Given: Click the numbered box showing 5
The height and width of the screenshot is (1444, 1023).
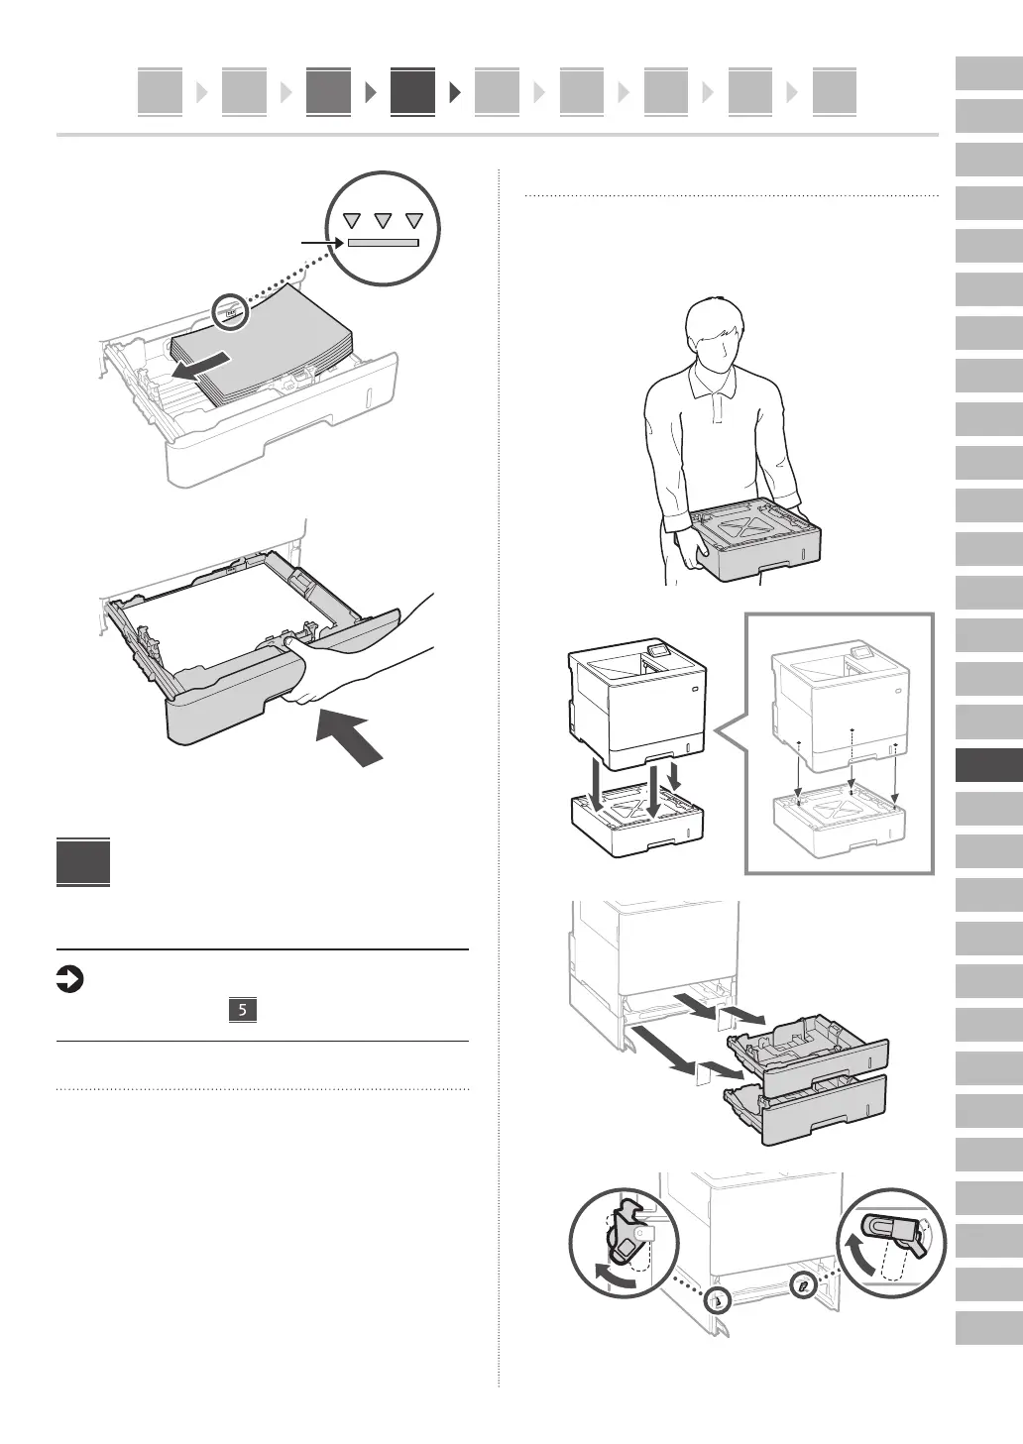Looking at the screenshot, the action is tap(243, 1010).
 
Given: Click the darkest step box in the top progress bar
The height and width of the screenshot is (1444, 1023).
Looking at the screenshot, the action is tap(412, 91).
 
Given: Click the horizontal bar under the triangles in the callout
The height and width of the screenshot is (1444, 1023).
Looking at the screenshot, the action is tap(383, 243).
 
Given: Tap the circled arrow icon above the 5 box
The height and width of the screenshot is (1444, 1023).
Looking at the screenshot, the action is tap(70, 981).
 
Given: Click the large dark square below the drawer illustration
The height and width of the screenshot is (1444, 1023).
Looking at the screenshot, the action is tap(83, 863).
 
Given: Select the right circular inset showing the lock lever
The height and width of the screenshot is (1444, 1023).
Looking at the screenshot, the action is tap(890, 1242).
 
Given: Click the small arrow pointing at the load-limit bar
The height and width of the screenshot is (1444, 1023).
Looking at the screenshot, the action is tap(321, 242).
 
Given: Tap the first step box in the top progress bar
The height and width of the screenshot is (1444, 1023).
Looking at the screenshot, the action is tap(160, 91).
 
